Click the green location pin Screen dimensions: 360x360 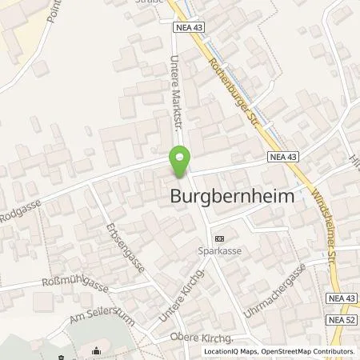point(180,162)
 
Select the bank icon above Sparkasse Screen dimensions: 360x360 point(220,238)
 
